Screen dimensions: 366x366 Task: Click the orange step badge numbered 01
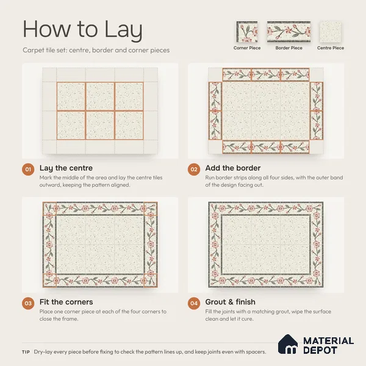[x=28, y=169]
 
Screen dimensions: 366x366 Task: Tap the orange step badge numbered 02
[x=194, y=169]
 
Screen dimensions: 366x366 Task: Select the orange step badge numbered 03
[x=28, y=303]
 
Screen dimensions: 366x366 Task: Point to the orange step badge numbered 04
[x=194, y=303]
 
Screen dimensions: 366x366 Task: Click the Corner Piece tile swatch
[x=247, y=32]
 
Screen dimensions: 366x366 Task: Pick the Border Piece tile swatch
[x=289, y=32]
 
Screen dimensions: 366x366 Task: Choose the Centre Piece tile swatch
[x=331, y=32]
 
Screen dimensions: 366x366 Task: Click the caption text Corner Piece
[x=247, y=48]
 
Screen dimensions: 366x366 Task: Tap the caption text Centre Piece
[x=331, y=48]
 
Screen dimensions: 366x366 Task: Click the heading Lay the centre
[x=66, y=168]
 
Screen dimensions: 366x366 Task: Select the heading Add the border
[x=233, y=168]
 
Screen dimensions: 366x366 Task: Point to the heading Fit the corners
[x=66, y=302]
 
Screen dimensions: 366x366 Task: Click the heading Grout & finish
[x=231, y=302]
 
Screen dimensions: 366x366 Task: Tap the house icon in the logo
[x=288, y=344]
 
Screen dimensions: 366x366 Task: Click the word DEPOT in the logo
[x=320, y=350]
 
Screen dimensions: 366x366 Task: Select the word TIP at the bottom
[x=26, y=352]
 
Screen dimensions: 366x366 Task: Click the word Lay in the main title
[x=123, y=30]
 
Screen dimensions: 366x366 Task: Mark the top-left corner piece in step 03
[x=49, y=209]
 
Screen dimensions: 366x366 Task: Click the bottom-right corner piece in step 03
[x=151, y=281]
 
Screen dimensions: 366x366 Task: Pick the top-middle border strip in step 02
[x=266, y=74]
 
